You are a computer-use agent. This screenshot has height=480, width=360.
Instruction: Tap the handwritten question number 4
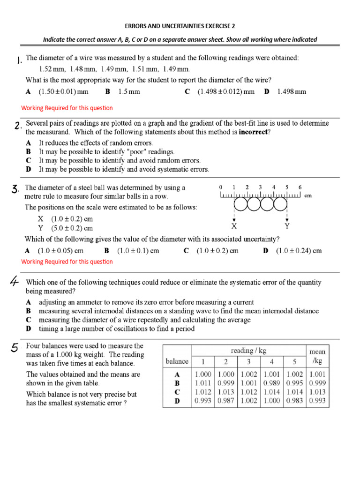coord(15,282)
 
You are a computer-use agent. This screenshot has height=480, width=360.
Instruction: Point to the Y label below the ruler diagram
coord(287,225)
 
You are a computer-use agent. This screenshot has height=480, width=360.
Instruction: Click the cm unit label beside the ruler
coord(308,195)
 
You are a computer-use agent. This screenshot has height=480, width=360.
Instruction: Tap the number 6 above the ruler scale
coord(300,187)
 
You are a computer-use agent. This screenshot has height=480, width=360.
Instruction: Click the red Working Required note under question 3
coord(67,262)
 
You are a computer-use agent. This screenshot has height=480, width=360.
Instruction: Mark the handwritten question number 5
coord(15,347)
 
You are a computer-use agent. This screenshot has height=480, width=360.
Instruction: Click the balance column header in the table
coord(177,361)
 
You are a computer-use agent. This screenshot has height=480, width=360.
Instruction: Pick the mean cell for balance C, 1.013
coord(317,392)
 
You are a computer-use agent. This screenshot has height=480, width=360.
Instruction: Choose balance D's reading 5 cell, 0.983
coord(295,401)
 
